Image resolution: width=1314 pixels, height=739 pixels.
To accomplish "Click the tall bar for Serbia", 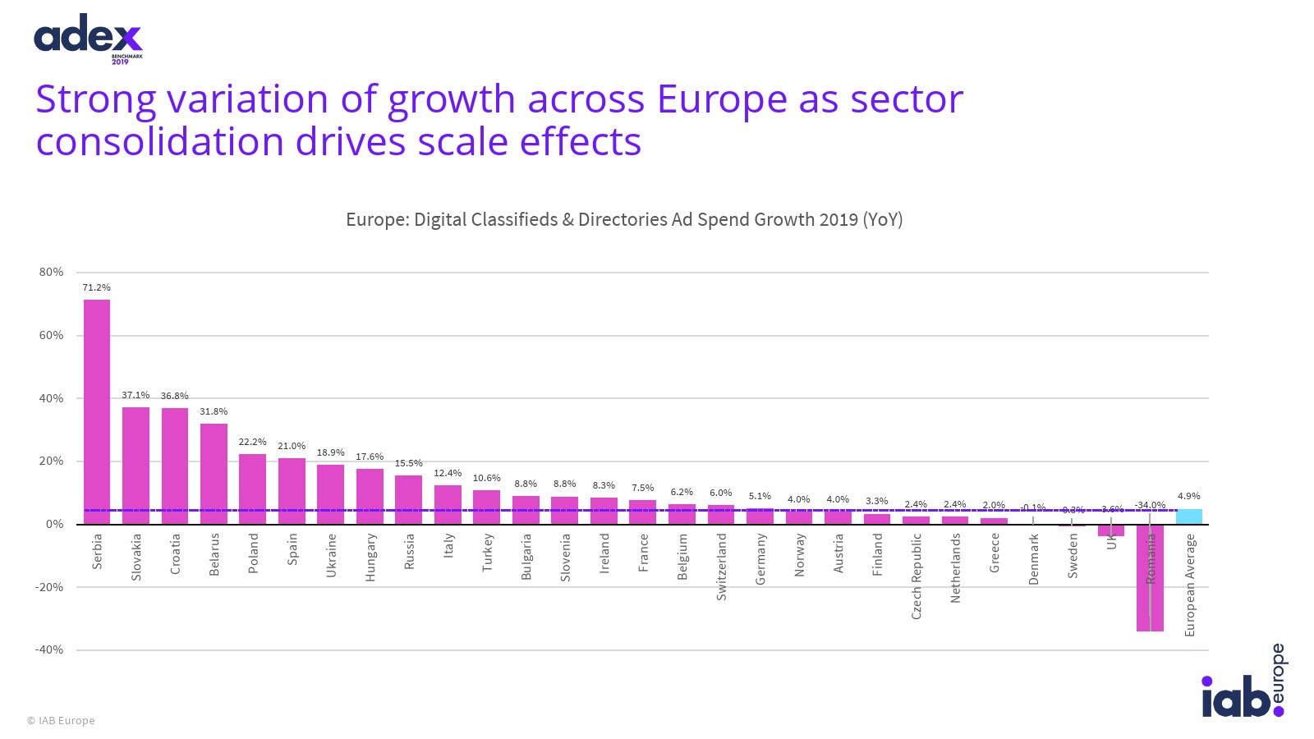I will pyautogui.click(x=97, y=411).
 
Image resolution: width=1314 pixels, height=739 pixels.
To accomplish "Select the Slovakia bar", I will pyautogui.click(x=136, y=465).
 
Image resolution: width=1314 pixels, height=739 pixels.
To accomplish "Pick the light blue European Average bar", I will pyautogui.click(x=1188, y=516).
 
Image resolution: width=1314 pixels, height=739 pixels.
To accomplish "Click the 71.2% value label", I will pyautogui.click(x=97, y=287).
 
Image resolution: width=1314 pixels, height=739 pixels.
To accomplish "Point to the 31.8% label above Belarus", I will pyautogui.click(x=214, y=411).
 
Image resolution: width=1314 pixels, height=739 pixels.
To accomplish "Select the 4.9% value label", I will pyautogui.click(x=1188, y=496).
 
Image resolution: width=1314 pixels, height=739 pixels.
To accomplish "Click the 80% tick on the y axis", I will pyautogui.click(x=51, y=272).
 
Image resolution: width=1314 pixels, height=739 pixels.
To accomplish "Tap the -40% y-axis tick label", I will pyautogui.click(x=48, y=649).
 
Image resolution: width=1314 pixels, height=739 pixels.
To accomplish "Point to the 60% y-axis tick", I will pyautogui.click(x=51, y=335).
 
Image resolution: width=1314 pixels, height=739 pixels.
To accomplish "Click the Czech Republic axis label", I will pyautogui.click(x=917, y=576).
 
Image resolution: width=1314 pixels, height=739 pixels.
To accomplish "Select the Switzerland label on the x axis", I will pyautogui.click(x=722, y=567).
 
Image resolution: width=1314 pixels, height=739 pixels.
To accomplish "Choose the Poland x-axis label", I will pyautogui.click(x=254, y=553).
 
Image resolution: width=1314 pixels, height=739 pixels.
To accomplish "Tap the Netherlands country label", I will pyautogui.click(x=955, y=567).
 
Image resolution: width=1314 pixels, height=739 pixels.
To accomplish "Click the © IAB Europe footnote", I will pyautogui.click(x=61, y=720).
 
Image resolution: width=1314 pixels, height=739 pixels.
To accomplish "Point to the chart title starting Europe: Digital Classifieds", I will pyautogui.click(x=624, y=219).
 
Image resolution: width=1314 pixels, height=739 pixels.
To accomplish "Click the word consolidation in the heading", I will pyautogui.click(x=160, y=141).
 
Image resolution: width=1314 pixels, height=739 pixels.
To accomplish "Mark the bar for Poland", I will pyautogui.click(x=253, y=489).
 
